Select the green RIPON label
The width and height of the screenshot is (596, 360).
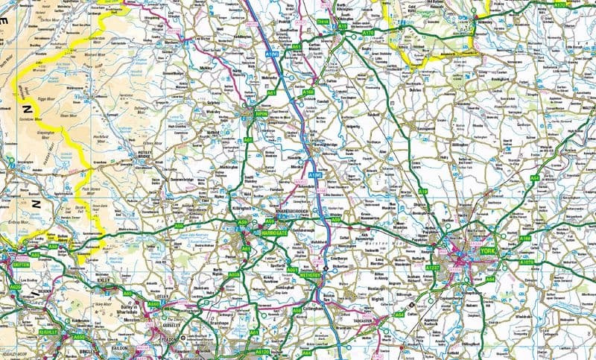pyautogui.click(x=261, y=114)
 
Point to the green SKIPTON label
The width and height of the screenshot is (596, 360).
pyautogui.click(x=20, y=263)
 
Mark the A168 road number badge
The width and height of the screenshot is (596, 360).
pyautogui.click(x=308, y=92)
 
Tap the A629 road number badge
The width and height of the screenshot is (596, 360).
pyautogui.click(x=15, y=285)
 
